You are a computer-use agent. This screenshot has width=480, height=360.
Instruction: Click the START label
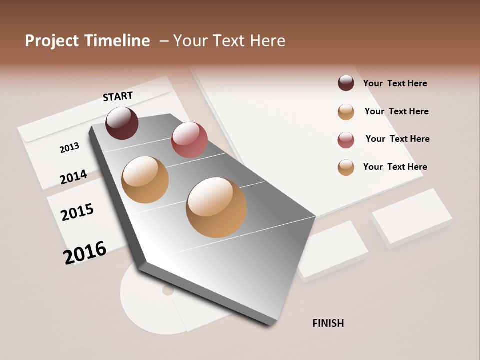click(x=118, y=96)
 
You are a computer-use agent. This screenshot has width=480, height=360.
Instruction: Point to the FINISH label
click(x=328, y=323)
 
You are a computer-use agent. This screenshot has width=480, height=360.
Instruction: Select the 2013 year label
click(x=69, y=148)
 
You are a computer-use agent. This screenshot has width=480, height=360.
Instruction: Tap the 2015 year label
click(x=77, y=212)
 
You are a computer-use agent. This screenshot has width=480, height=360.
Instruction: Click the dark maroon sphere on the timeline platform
click(x=122, y=123)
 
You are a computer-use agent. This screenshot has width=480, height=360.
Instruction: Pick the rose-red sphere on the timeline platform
click(x=189, y=139)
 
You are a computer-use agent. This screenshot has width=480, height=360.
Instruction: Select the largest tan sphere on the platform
click(x=216, y=207)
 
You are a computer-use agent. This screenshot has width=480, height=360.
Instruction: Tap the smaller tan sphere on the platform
click(x=145, y=180)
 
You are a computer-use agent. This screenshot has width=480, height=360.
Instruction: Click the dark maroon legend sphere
click(x=346, y=83)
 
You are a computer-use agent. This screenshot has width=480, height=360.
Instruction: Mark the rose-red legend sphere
click(x=346, y=140)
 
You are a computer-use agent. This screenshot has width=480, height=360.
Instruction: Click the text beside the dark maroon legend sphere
click(x=395, y=83)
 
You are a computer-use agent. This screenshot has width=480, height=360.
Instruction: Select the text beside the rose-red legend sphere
click(x=397, y=139)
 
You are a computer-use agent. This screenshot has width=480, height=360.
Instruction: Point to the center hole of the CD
click(x=168, y=290)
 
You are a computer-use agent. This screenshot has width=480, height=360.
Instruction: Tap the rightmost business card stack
click(x=411, y=217)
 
